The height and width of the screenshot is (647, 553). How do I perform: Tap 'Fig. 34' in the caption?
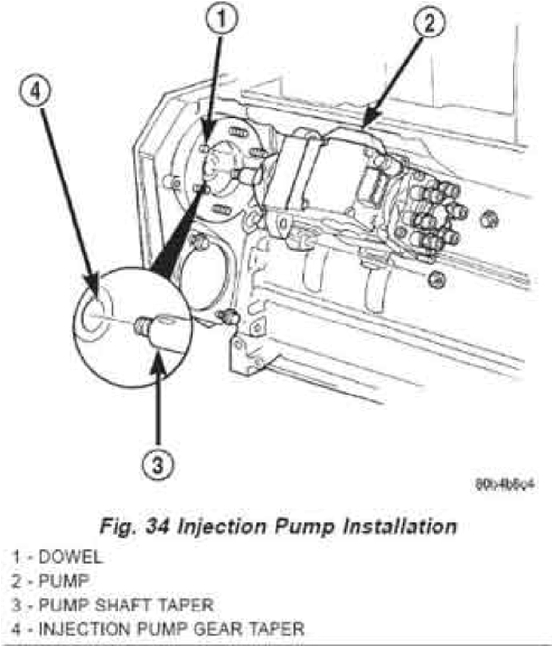149,526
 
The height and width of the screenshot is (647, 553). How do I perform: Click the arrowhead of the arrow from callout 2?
365,125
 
